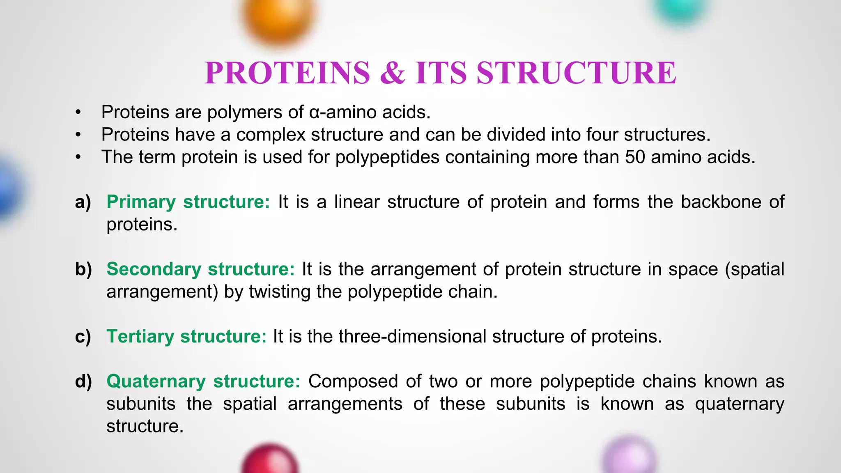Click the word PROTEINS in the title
pos(287,73)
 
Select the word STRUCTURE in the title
pos(576,73)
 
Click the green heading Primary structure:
pos(188,202)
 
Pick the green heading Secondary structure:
pos(200,269)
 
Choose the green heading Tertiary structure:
pos(186,337)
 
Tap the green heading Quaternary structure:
pos(203,381)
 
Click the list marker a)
pos(83,202)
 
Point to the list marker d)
pos(83,381)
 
